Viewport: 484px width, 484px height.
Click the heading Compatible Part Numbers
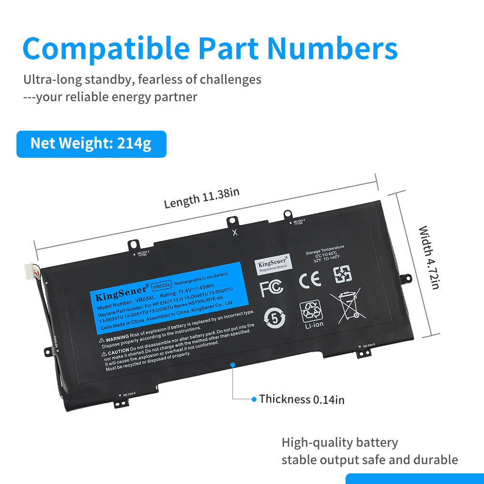click(x=210, y=48)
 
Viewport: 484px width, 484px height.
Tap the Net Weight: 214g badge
click(x=91, y=144)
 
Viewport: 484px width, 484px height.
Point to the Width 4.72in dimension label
click(x=429, y=257)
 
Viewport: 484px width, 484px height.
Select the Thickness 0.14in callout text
click(x=302, y=399)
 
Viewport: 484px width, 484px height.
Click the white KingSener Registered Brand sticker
click(x=271, y=263)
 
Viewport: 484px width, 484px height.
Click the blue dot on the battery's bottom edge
click(x=233, y=364)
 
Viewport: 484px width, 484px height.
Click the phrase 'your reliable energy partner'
click(x=117, y=97)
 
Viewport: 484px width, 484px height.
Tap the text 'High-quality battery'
click(x=340, y=442)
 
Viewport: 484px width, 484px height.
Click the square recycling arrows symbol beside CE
click(x=343, y=274)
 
